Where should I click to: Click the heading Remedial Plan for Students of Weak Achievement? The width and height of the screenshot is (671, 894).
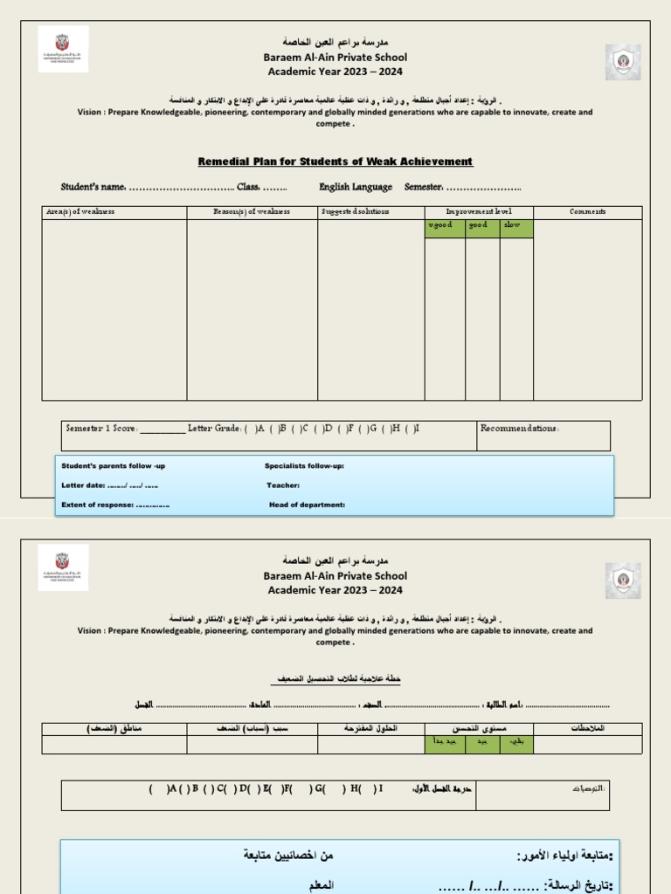[335, 162]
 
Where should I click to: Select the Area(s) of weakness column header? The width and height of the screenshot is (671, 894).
[80, 212]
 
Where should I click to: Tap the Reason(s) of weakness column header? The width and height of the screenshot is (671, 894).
[252, 212]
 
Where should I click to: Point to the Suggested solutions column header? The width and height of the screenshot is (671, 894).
[355, 212]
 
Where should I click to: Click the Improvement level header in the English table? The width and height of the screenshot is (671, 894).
[479, 211]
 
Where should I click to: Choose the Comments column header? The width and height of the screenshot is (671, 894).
[587, 211]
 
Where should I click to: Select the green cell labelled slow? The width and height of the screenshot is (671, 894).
[513, 226]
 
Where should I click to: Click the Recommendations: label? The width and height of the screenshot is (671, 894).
[519, 429]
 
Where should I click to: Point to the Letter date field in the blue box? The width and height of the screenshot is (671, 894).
[109, 485]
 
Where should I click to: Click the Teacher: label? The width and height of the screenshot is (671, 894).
[283, 485]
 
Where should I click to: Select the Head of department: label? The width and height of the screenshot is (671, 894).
[307, 505]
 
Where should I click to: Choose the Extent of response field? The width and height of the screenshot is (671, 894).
[115, 505]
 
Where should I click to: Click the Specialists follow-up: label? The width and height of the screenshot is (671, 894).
[304, 466]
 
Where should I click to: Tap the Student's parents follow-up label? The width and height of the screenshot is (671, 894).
[113, 466]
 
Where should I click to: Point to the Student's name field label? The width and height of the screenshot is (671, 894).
[94, 187]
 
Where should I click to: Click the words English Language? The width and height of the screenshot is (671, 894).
[356, 187]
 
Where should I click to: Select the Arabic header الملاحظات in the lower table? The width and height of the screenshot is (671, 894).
[586, 728]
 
